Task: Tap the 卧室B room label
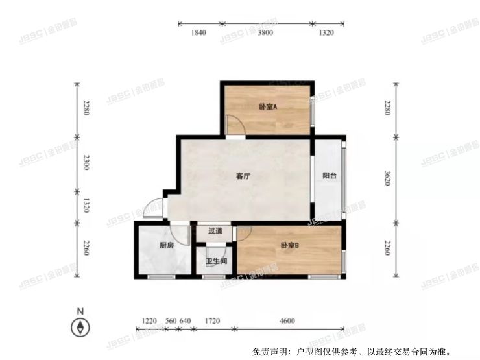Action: [x=289, y=246]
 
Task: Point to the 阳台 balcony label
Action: [x=330, y=176]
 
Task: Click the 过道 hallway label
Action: [x=215, y=231]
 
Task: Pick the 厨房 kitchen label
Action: [x=166, y=246]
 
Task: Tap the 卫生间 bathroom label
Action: [x=216, y=261]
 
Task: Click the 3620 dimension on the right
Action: [x=387, y=178]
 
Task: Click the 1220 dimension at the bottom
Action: [x=149, y=321]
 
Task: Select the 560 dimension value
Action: [x=171, y=321]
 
